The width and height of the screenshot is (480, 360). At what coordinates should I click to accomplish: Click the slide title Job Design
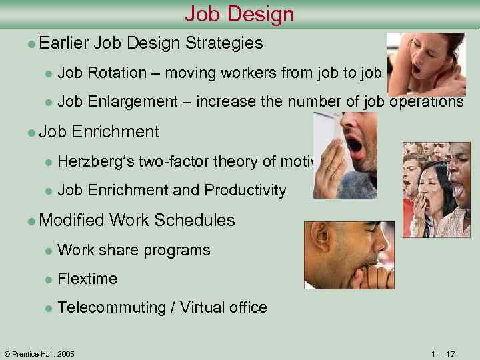(239, 13)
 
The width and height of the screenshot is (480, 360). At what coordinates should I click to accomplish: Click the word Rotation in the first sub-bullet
(117, 73)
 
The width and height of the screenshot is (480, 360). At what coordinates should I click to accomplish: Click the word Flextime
(87, 279)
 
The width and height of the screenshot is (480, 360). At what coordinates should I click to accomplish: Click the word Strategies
(224, 43)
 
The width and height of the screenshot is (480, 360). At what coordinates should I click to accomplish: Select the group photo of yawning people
(437, 190)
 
